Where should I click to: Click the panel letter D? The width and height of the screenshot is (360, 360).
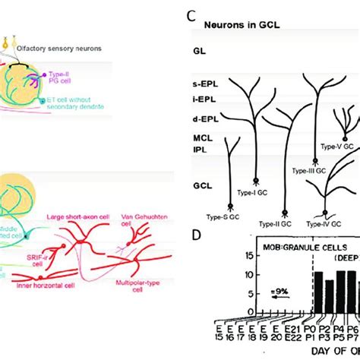point(196,235)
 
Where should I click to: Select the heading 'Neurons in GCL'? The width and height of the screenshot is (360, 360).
point(242,24)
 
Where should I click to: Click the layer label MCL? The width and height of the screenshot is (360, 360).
point(201,137)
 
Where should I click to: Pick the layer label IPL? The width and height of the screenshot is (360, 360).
point(199,150)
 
